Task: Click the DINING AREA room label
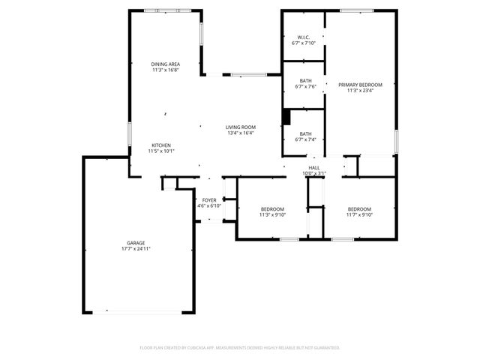165,64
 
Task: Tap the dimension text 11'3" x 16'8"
165,70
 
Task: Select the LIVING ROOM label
241,127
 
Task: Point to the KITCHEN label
161,145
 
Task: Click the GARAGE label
136,243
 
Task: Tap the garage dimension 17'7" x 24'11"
136,248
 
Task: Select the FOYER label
209,200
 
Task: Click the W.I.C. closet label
304,37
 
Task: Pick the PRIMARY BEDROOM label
360,85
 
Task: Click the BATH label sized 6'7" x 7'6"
306,81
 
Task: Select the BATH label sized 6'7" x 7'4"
306,133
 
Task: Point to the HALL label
313,168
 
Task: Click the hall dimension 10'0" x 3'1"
313,173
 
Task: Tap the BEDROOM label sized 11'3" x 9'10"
272,209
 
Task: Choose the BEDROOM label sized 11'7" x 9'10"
359,209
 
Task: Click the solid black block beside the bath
286,118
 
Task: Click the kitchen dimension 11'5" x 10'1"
161,151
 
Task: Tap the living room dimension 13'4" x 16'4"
241,133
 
